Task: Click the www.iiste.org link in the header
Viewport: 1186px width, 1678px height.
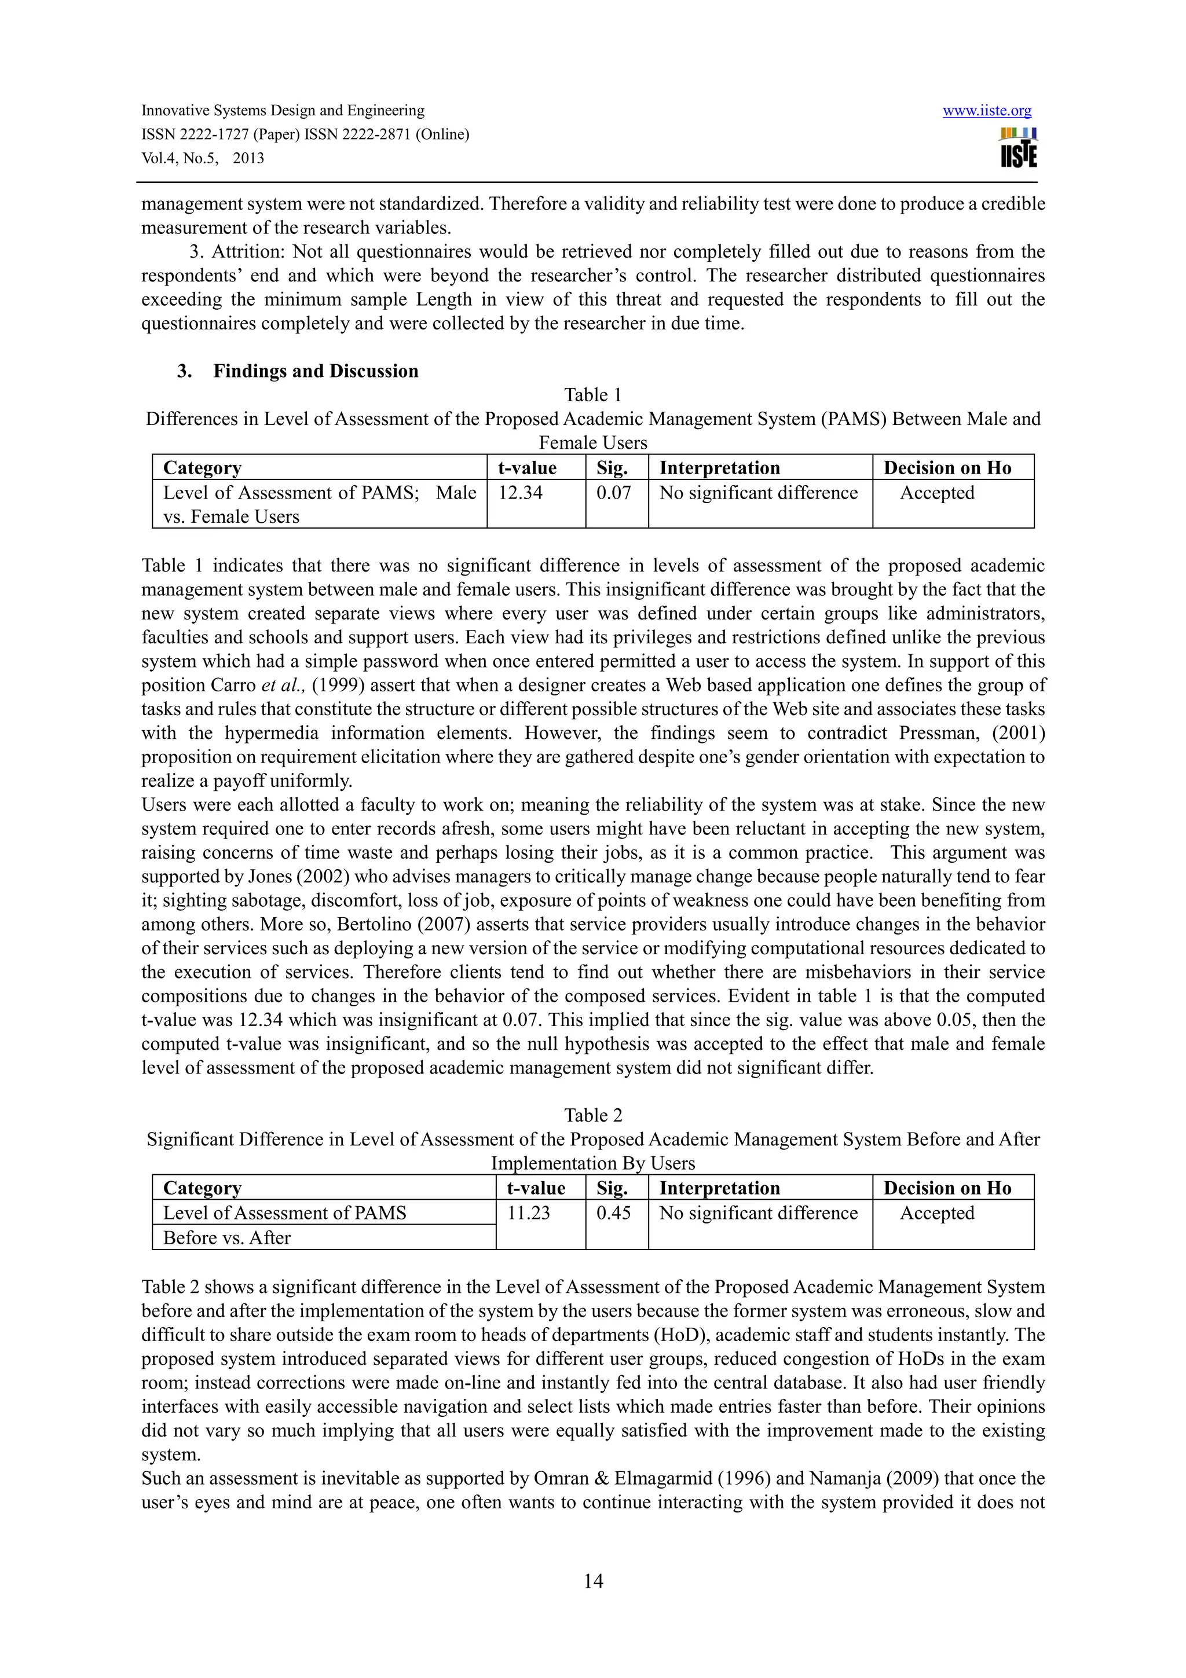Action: pos(987,111)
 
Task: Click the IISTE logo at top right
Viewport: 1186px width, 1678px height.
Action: pos(1018,148)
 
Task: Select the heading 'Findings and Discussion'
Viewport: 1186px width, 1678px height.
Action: pos(316,371)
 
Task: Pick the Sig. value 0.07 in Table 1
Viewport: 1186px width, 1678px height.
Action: pos(614,493)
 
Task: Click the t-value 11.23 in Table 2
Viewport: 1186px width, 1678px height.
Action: pos(528,1213)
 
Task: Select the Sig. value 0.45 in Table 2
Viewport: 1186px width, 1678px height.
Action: pos(614,1213)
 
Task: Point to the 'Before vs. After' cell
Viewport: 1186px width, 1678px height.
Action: pos(226,1238)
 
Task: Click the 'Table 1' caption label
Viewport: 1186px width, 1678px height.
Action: pos(592,395)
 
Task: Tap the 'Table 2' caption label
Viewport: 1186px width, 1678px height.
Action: pos(592,1116)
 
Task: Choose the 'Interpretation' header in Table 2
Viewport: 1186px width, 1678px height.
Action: pos(720,1188)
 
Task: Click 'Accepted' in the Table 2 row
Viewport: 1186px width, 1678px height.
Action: pos(937,1213)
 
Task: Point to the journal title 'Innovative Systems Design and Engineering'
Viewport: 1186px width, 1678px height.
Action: pos(283,111)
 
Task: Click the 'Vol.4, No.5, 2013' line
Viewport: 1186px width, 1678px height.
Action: pos(203,159)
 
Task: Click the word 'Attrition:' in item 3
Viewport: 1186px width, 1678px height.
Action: pos(248,252)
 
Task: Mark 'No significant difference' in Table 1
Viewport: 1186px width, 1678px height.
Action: pos(759,493)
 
